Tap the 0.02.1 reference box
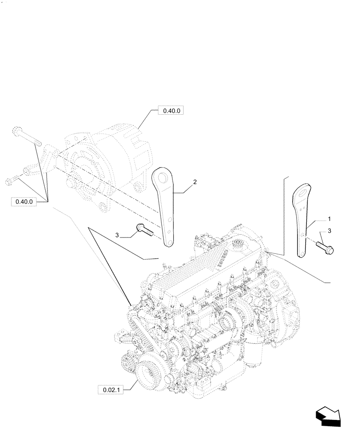click(x=110, y=389)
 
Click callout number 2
click(x=195, y=182)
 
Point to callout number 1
click(x=329, y=219)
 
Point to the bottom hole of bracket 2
click(x=169, y=241)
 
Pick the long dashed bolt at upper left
click(x=27, y=136)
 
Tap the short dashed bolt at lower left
click(x=14, y=179)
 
